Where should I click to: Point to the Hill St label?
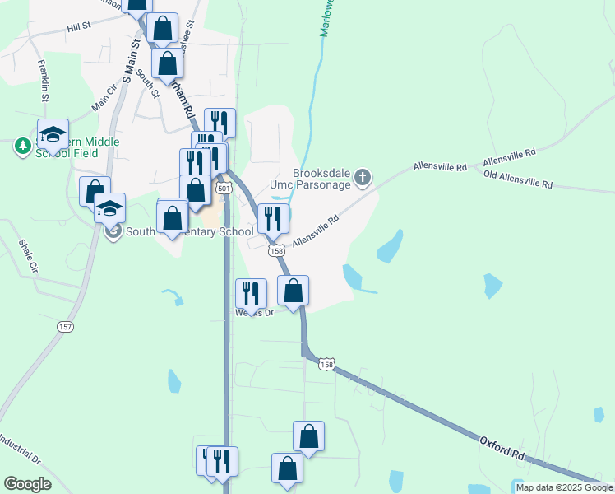point(79,27)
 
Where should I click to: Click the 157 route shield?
point(66,327)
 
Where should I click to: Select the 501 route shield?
point(224,189)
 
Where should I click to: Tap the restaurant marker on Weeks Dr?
point(251,293)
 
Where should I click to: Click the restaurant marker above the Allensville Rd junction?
point(272,218)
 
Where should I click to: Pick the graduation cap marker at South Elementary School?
point(109,207)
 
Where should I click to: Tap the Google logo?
point(27,484)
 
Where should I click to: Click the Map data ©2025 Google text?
point(563,487)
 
